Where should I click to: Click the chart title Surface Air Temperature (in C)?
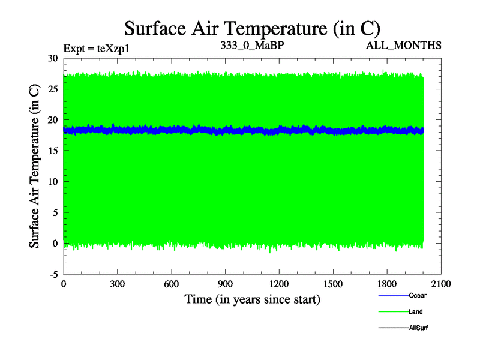252,28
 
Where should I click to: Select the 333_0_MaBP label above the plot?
251,45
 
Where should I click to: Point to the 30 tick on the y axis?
52,58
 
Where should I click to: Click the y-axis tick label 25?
52,89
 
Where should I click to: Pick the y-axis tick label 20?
52,120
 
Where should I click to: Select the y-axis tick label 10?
52,181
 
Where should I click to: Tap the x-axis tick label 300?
117,284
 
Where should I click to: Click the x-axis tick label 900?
225,284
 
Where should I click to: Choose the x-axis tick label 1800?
387,284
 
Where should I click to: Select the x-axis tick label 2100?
441,284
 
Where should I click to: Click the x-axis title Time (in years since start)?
252,299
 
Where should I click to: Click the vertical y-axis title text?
35,166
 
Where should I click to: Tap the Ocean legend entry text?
418,295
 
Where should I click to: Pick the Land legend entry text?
415,311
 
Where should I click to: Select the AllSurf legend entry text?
418,328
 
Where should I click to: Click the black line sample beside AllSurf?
393,328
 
